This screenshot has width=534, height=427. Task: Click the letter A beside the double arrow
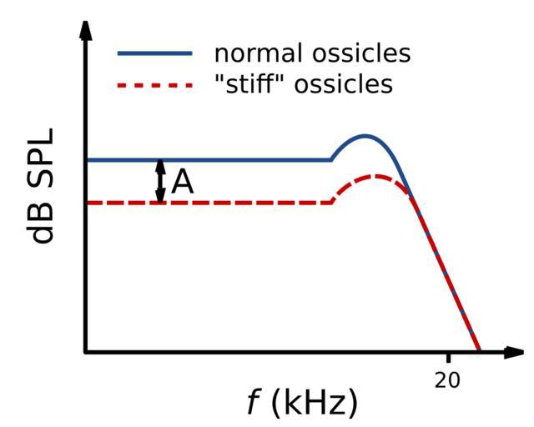coord(183,181)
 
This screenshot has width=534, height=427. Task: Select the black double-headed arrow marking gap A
coord(161,181)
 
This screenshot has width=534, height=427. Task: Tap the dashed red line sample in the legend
coord(154,83)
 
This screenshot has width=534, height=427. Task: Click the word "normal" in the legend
coord(254,54)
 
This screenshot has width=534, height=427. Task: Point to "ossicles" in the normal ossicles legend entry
coord(360,54)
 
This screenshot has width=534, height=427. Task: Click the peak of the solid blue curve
coord(365,135)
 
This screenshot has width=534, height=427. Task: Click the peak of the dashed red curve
coord(378,176)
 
